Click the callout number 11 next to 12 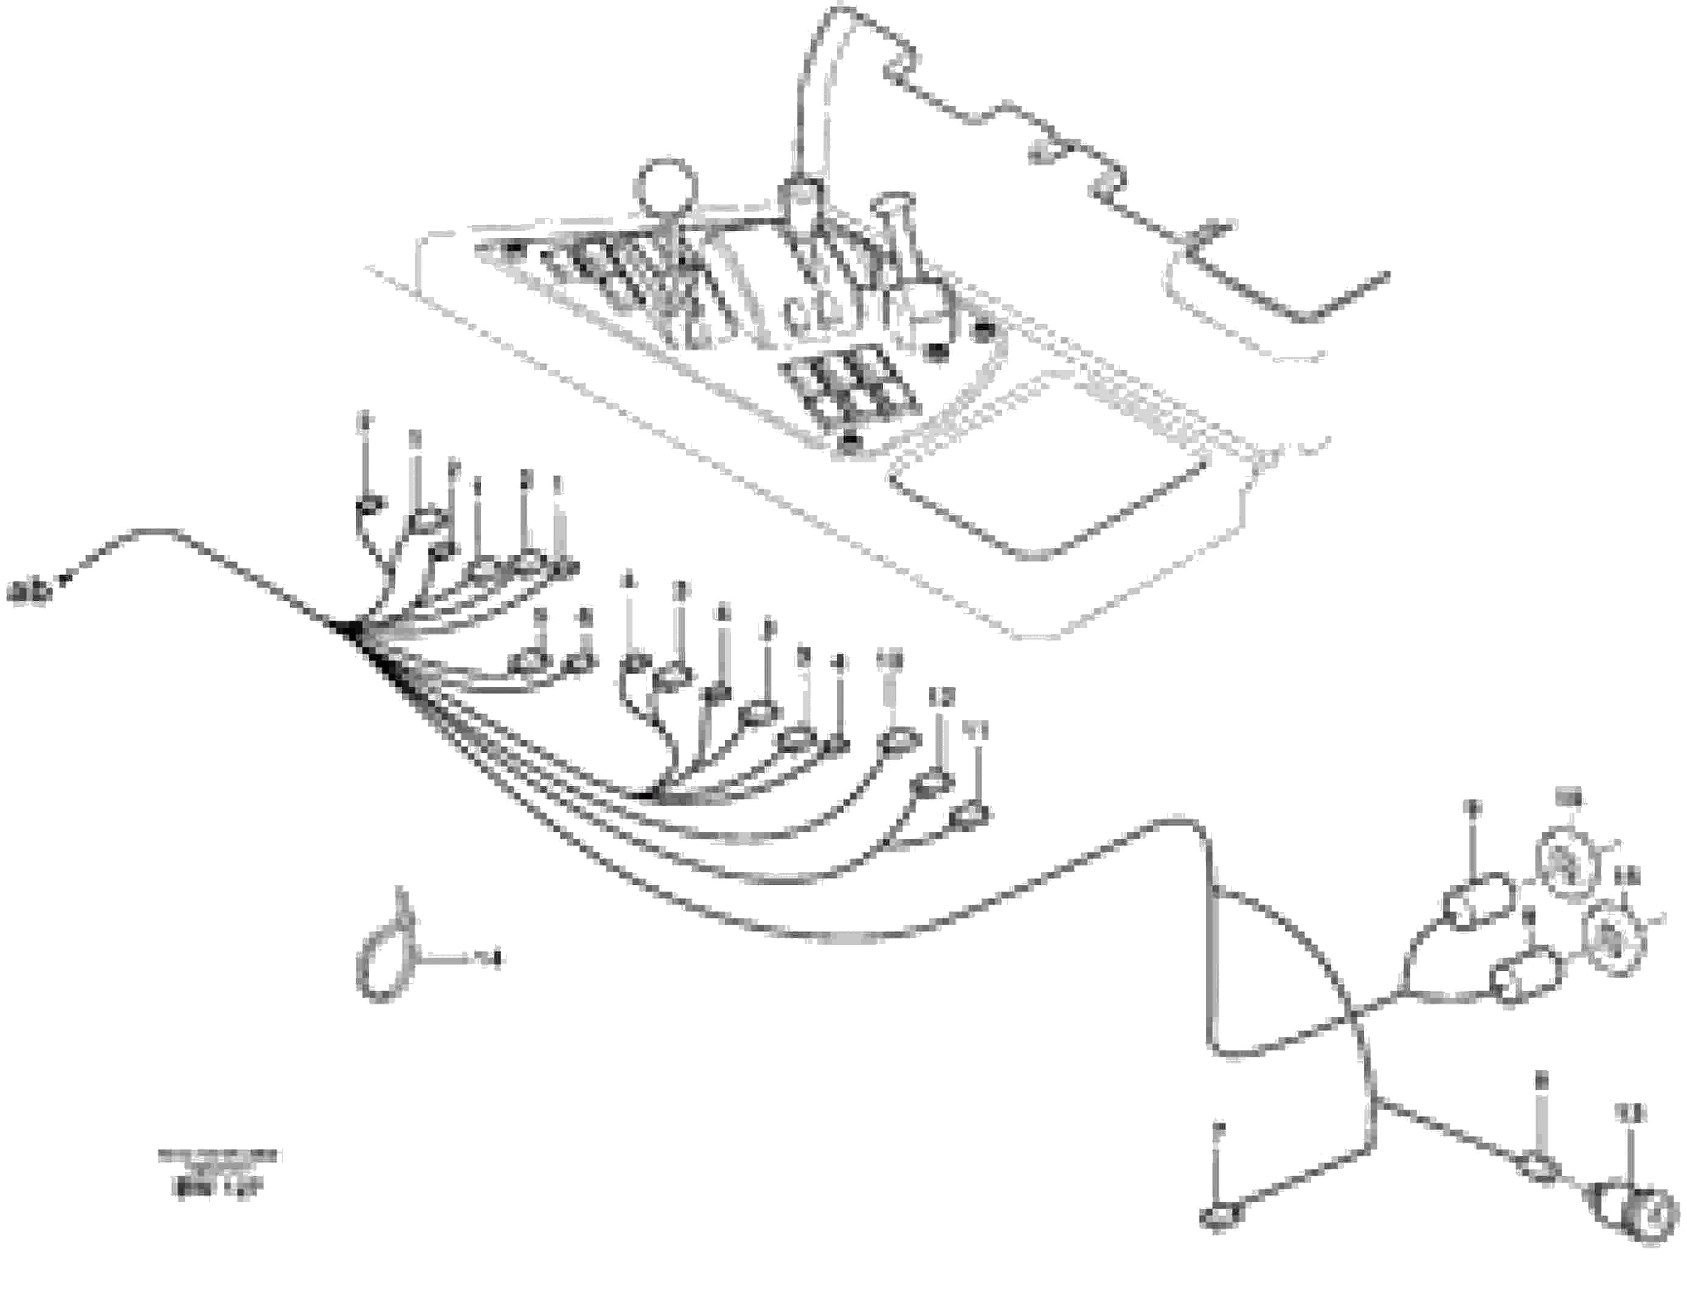(975, 729)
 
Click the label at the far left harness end (29, 593)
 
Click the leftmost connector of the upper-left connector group (370, 507)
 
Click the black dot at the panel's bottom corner (850, 440)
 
